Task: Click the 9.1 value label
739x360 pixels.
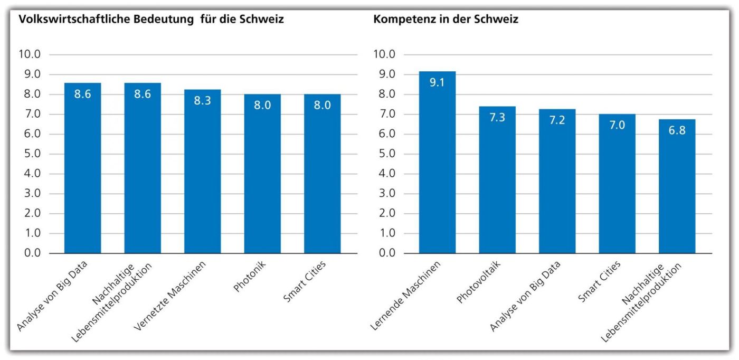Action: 437,83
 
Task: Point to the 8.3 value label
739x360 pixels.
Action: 202,101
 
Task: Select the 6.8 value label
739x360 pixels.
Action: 677,130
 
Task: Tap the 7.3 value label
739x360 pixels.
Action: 497,117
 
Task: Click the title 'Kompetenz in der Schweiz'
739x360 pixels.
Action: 446,20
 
